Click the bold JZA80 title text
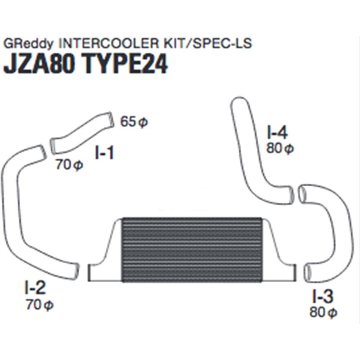click(x=40, y=65)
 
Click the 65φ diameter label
click(x=134, y=122)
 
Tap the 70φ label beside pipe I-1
click(x=69, y=165)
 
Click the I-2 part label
click(x=36, y=287)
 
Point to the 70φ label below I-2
click(x=40, y=305)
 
